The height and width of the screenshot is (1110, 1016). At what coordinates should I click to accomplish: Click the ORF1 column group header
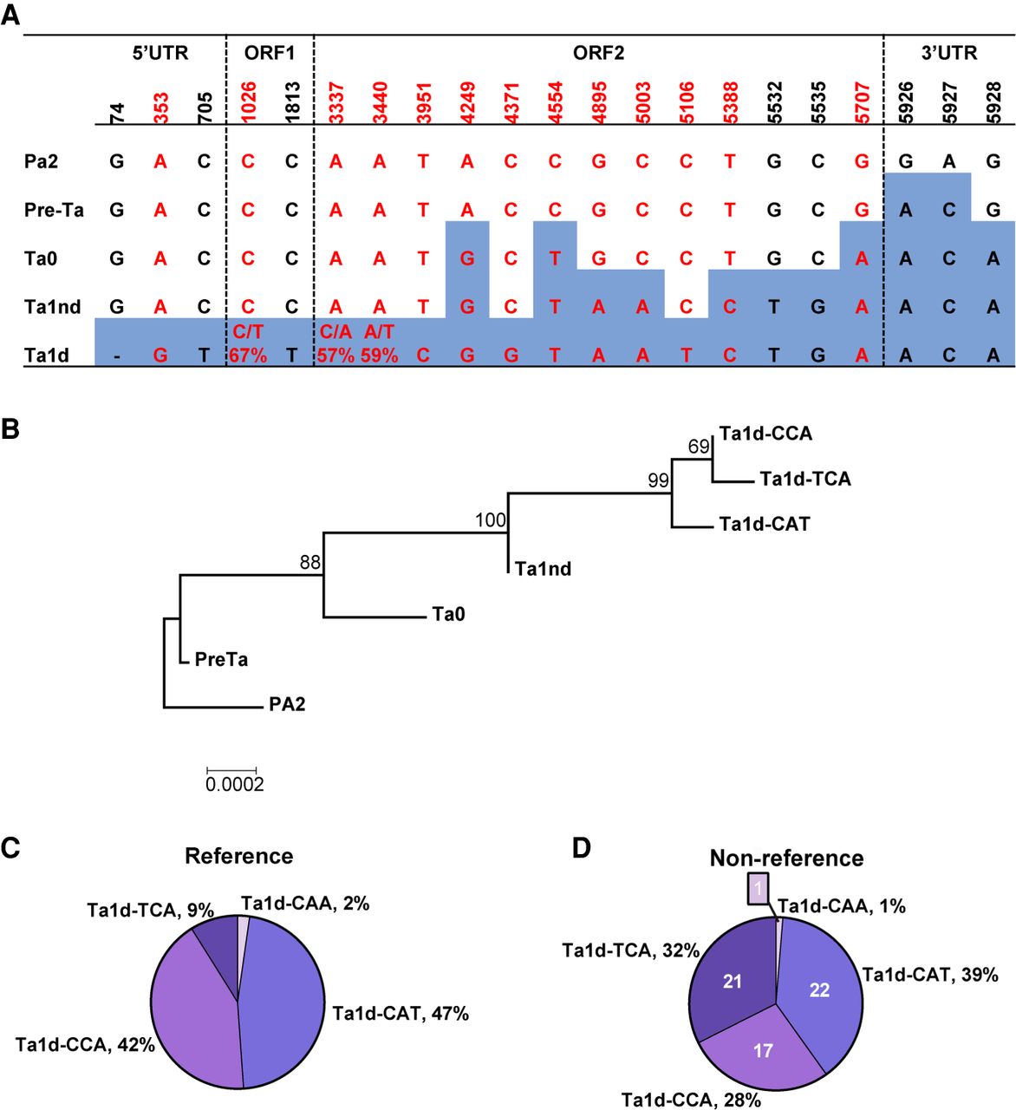click(269, 53)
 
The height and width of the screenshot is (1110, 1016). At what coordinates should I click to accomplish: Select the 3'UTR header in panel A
click(948, 53)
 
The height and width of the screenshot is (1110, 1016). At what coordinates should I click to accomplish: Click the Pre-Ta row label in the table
click(55, 210)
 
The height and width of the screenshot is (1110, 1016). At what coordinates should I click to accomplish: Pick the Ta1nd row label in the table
click(53, 307)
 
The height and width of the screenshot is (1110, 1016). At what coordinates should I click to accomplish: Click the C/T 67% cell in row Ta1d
click(248, 343)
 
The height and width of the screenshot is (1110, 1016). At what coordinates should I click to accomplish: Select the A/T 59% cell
click(379, 343)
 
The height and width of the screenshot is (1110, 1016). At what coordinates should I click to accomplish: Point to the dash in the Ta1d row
click(116, 356)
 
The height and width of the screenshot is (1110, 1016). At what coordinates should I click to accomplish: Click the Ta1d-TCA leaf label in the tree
click(804, 479)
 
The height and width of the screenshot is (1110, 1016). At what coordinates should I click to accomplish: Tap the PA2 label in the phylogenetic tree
click(287, 704)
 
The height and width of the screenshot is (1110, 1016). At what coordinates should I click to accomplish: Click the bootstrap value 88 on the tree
click(310, 562)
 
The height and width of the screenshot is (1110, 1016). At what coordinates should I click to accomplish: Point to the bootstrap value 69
click(699, 447)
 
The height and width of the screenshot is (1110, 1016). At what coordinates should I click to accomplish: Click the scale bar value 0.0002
click(234, 785)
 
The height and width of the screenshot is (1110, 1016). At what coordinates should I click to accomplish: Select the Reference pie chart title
click(238, 856)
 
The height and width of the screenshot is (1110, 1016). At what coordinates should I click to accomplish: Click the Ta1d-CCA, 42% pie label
click(85, 1045)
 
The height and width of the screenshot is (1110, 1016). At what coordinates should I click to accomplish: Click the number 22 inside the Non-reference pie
click(819, 989)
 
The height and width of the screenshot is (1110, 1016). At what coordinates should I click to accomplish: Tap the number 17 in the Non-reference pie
click(763, 1050)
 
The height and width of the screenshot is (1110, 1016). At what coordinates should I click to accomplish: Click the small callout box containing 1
click(757, 888)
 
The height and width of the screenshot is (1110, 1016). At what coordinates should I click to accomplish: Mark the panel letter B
click(10, 428)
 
